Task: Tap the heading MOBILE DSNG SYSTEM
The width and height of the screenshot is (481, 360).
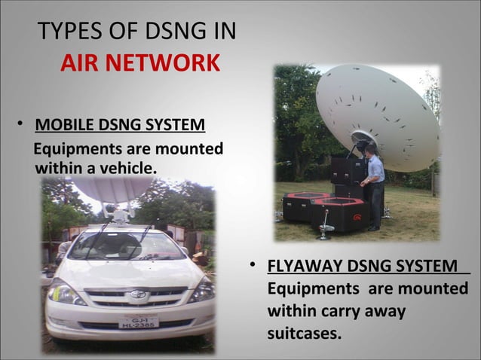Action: (x=120, y=124)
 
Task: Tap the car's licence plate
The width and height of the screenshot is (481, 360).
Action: (x=138, y=321)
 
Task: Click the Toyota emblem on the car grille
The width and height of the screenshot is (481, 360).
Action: (x=137, y=294)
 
